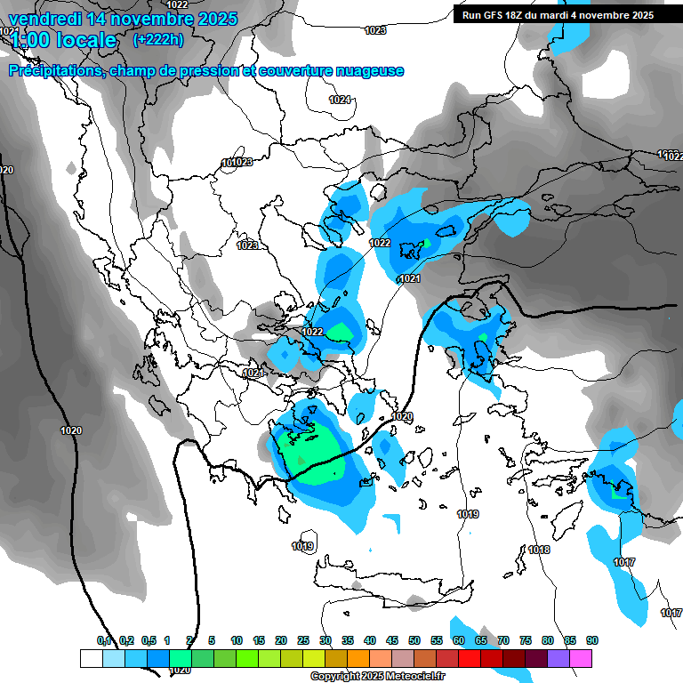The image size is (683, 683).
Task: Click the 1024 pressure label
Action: (340, 100)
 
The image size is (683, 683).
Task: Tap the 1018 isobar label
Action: (539, 550)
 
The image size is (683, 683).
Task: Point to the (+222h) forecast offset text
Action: (158, 39)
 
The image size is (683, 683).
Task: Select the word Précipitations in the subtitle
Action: (55, 71)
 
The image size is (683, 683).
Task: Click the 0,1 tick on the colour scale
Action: (104, 641)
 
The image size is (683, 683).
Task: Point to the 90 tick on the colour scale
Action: (592, 641)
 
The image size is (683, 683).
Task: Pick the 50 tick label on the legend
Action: (414, 641)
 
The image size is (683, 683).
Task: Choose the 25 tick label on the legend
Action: (303, 641)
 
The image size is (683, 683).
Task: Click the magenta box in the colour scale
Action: (582, 658)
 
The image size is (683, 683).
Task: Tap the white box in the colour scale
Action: (91, 658)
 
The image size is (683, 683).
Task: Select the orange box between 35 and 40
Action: (358, 658)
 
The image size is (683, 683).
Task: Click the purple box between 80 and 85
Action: (559, 658)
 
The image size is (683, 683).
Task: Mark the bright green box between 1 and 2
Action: (180, 658)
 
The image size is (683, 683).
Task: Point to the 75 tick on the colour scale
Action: (526, 641)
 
